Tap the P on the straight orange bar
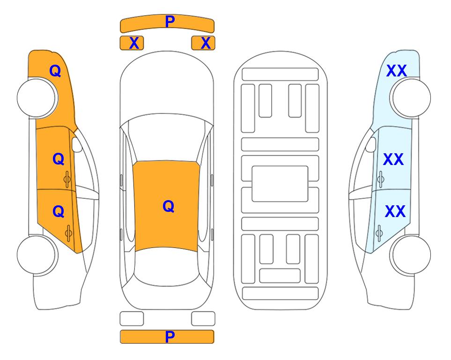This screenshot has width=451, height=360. click(170, 337)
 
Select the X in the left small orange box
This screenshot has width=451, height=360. click(134, 43)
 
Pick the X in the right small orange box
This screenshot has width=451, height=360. click(206, 43)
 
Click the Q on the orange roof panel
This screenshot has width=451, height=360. click(169, 206)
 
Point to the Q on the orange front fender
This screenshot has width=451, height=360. click(55, 71)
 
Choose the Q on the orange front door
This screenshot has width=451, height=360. click(59, 159)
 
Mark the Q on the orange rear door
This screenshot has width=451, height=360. click(59, 211)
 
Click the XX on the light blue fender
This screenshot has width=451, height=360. click(396, 71)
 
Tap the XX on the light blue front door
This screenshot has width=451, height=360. click(393, 159)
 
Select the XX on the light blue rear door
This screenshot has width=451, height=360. click(395, 211)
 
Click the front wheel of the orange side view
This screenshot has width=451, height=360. click(37, 98)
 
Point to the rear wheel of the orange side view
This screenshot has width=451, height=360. click(37, 255)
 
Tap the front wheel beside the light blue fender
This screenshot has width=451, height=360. click(411, 98)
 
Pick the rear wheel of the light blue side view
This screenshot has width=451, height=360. click(411, 255)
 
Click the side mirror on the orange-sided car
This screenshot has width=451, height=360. click(77, 144)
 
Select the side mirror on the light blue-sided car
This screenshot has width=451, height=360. click(371, 144)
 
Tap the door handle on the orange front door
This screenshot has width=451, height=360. click(67, 180)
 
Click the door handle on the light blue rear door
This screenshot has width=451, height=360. click(379, 233)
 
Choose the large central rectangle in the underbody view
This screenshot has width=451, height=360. click(280, 184)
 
